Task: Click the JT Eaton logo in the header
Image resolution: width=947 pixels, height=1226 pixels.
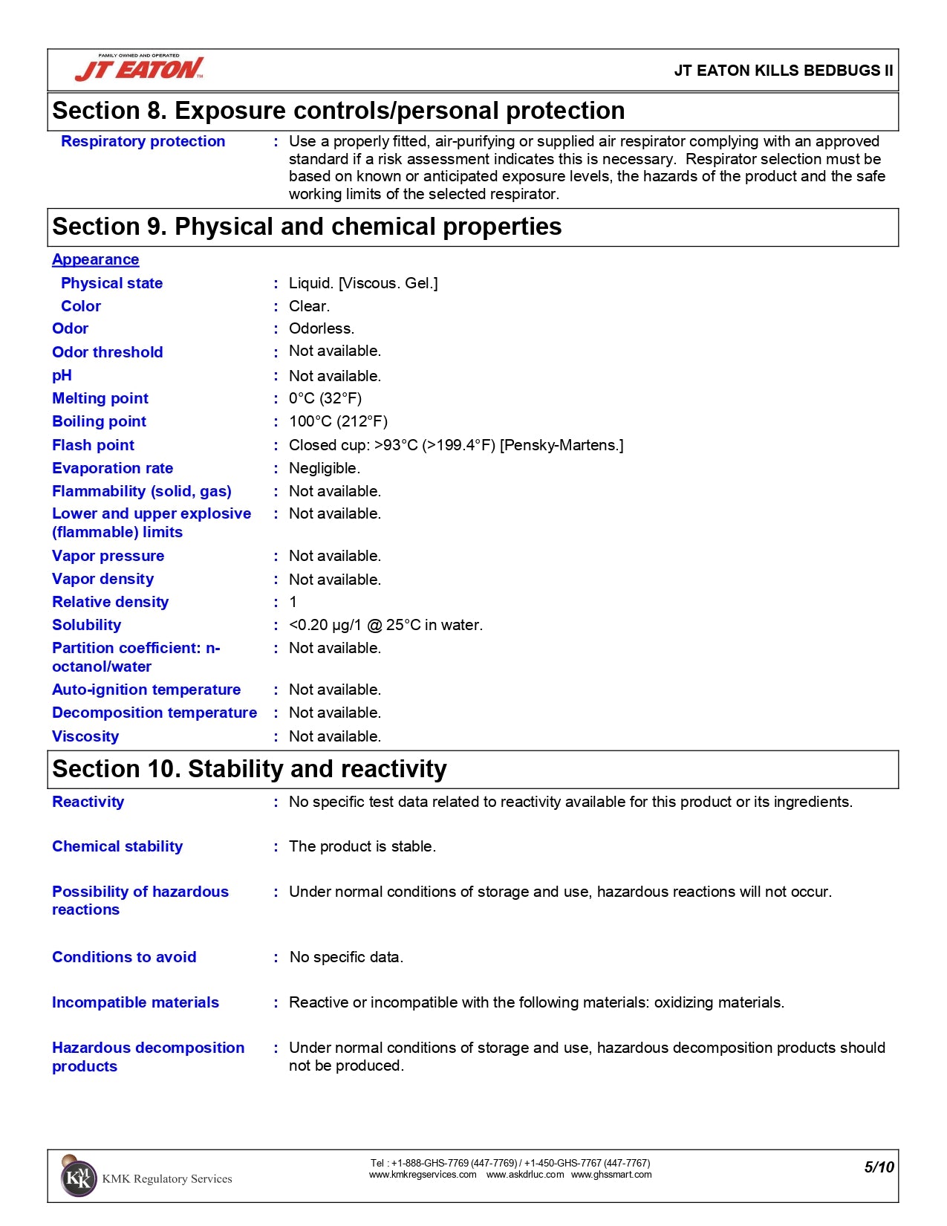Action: tap(140, 68)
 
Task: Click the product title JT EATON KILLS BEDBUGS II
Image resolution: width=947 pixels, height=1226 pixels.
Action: tap(783, 71)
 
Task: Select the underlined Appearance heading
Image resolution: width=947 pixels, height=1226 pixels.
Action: tap(95, 259)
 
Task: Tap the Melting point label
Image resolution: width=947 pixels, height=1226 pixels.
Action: tap(100, 398)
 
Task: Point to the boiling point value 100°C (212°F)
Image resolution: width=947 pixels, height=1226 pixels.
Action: tap(338, 421)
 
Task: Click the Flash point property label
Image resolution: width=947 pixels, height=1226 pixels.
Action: tap(93, 445)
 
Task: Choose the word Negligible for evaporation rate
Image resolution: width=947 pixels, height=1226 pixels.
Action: tap(324, 468)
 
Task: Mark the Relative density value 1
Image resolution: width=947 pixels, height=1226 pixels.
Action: tap(293, 602)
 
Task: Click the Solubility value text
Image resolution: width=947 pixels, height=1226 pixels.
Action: tap(385, 625)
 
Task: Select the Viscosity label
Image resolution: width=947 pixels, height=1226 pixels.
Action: tap(85, 736)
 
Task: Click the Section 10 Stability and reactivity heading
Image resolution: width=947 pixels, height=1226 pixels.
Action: tap(250, 769)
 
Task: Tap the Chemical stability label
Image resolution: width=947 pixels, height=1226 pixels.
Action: tap(117, 846)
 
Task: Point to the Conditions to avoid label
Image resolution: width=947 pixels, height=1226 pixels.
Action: tap(124, 957)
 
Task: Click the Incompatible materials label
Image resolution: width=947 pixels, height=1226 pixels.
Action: tap(135, 1002)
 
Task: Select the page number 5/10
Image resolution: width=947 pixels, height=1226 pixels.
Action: tap(879, 1167)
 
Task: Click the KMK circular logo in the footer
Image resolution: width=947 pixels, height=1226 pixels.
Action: tap(78, 1178)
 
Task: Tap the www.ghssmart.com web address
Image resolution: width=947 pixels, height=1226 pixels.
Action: tap(611, 1175)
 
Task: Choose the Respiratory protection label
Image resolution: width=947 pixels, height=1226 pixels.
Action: tap(143, 141)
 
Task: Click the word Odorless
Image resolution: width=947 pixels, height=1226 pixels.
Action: tap(322, 328)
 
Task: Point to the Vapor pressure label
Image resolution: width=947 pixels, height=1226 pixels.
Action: tap(108, 556)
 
